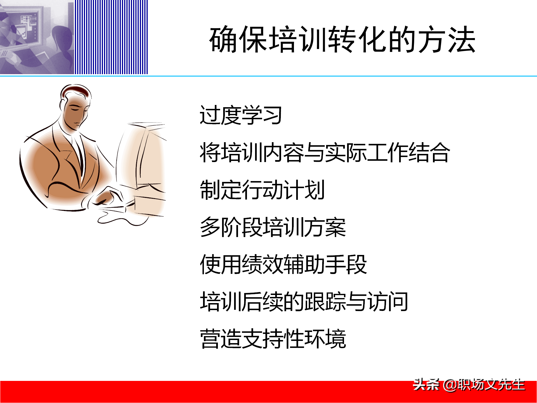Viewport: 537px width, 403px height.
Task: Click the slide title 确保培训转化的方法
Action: tap(342, 39)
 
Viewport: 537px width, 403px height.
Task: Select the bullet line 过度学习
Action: tap(241, 115)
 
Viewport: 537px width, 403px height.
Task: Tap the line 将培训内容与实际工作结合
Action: tap(325, 153)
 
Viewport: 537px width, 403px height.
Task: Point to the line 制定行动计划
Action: tap(262, 190)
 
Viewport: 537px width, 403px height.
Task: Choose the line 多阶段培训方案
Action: tap(273, 227)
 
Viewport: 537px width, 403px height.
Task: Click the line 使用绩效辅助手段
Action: tap(283, 264)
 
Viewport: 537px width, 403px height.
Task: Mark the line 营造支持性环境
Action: tap(273, 339)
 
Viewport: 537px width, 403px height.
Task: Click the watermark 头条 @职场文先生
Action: tap(469, 385)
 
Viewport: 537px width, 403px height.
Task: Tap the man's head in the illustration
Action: tap(75, 106)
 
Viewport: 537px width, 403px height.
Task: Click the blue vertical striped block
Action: tap(111, 37)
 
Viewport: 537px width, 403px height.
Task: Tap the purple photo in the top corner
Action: tap(37, 37)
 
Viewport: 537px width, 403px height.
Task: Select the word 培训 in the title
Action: tap(298, 39)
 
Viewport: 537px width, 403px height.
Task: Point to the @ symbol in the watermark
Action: tap(450, 385)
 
